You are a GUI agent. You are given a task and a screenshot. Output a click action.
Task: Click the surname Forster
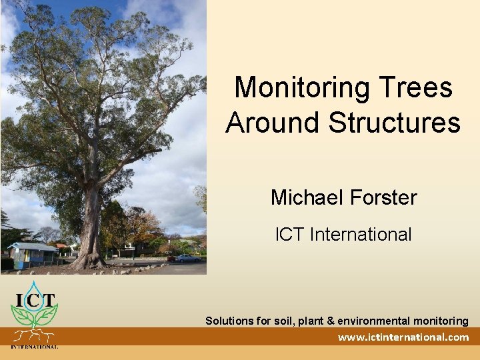tap(383, 198)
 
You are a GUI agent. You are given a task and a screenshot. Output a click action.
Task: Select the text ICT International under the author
tap(343, 235)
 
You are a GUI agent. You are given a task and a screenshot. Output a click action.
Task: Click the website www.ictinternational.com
tap(403, 337)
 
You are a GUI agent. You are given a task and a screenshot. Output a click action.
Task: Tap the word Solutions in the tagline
tap(229, 321)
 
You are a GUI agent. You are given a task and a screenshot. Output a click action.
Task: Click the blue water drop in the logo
tap(33, 291)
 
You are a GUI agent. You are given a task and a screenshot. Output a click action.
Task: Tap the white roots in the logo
tap(33, 335)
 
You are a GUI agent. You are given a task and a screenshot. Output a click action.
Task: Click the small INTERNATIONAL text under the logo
tap(34, 347)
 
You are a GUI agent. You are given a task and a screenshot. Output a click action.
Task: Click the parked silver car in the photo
tap(187, 258)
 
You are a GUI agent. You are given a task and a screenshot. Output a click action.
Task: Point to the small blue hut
tap(33, 254)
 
